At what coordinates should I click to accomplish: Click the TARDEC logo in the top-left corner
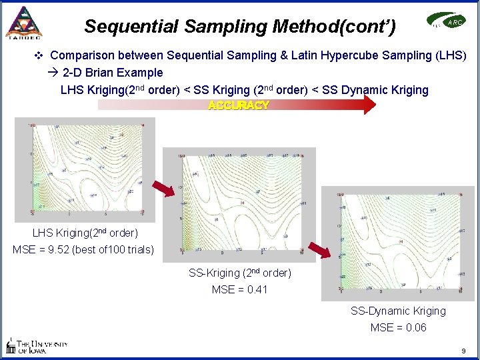(x=23, y=23)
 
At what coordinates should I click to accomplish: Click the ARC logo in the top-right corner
(x=447, y=23)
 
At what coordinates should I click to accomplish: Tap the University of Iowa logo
(x=36, y=345)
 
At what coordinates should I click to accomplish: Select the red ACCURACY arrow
(x=237, y=105)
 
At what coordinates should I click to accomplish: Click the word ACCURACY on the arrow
(x=239, y=105)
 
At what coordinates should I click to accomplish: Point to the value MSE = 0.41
(x=239, y=289)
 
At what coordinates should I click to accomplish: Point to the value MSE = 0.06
(x=398, y=327)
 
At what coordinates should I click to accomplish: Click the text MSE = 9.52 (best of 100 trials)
(x=83, y=250)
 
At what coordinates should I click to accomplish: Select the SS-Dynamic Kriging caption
(x=398, y=311)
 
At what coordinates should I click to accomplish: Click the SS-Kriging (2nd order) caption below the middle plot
(x=240, y=273)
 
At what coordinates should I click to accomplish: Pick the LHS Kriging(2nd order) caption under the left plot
(x=85, y=233)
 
